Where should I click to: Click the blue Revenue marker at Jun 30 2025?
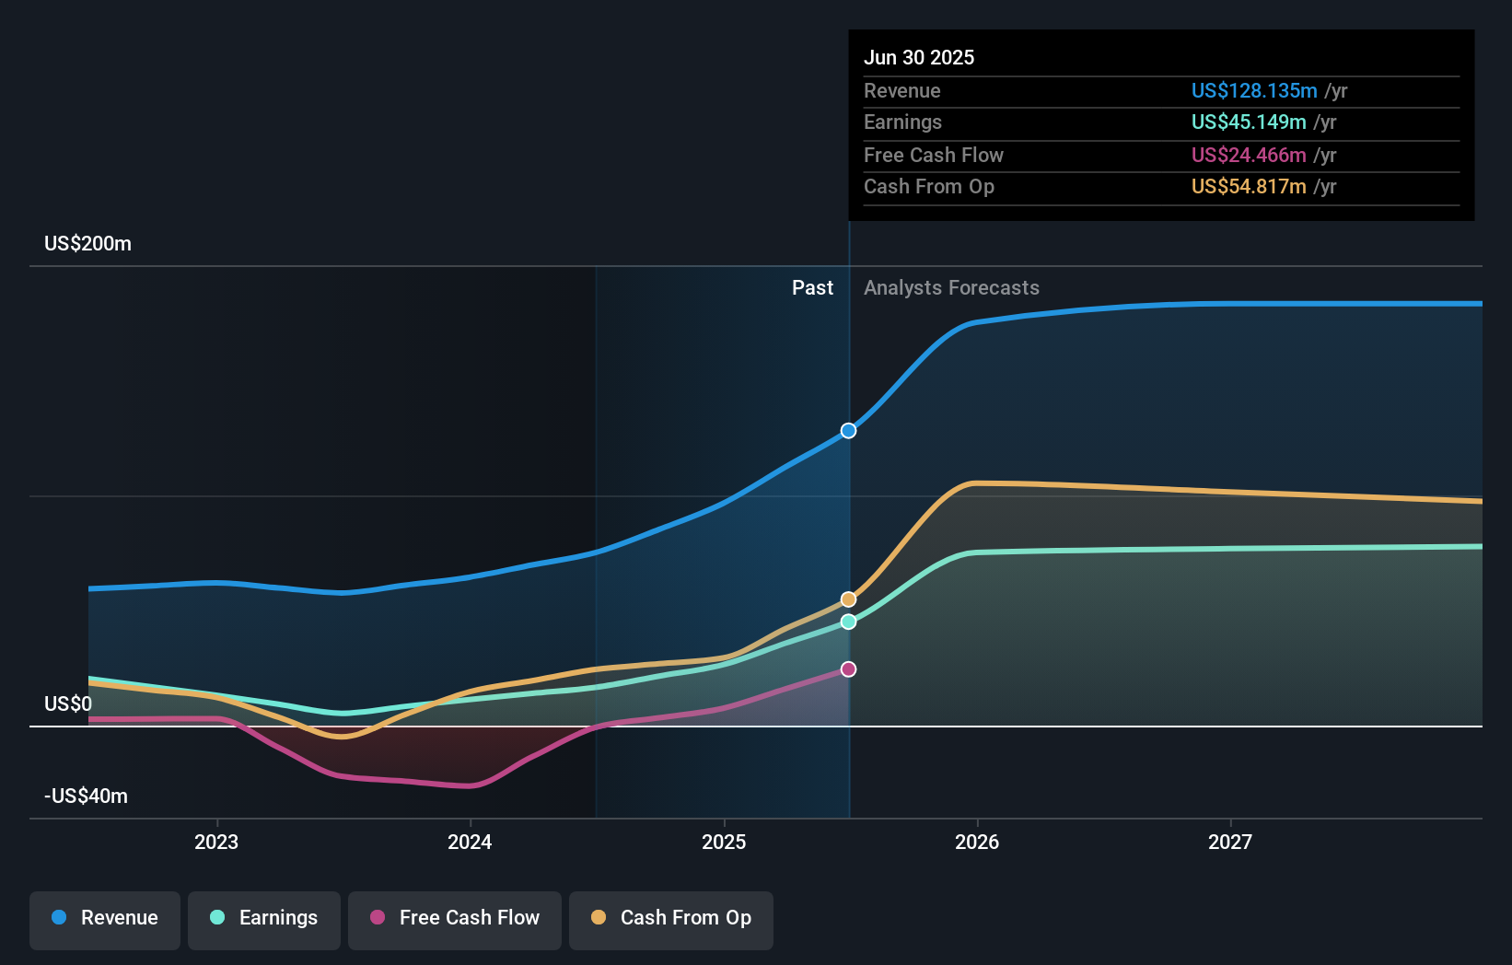point(848,431)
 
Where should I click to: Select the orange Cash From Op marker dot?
point(848,599)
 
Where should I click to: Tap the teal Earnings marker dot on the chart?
point(848,622)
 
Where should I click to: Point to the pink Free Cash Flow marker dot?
point(848,669)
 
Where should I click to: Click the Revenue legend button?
point(105,918)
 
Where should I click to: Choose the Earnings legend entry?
point(264,918)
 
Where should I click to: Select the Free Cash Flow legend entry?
point(455,918)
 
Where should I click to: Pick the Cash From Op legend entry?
point(671,918)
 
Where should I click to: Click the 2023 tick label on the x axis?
point(216,843)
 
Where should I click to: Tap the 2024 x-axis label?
point(470,843)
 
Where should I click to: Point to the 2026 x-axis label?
point(977,843)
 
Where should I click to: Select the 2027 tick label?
point(1230,843)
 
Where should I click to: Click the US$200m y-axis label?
point(88,244)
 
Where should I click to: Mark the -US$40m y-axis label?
point(87,796)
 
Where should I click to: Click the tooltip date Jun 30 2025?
point(919,58)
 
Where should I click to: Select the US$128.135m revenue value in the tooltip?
point(1254,91)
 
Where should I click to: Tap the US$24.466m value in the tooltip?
point(1249,156)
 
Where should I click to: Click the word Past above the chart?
point(812,288)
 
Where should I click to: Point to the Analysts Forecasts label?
point(951,288)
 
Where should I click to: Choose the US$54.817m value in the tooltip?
point(1249,187)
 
